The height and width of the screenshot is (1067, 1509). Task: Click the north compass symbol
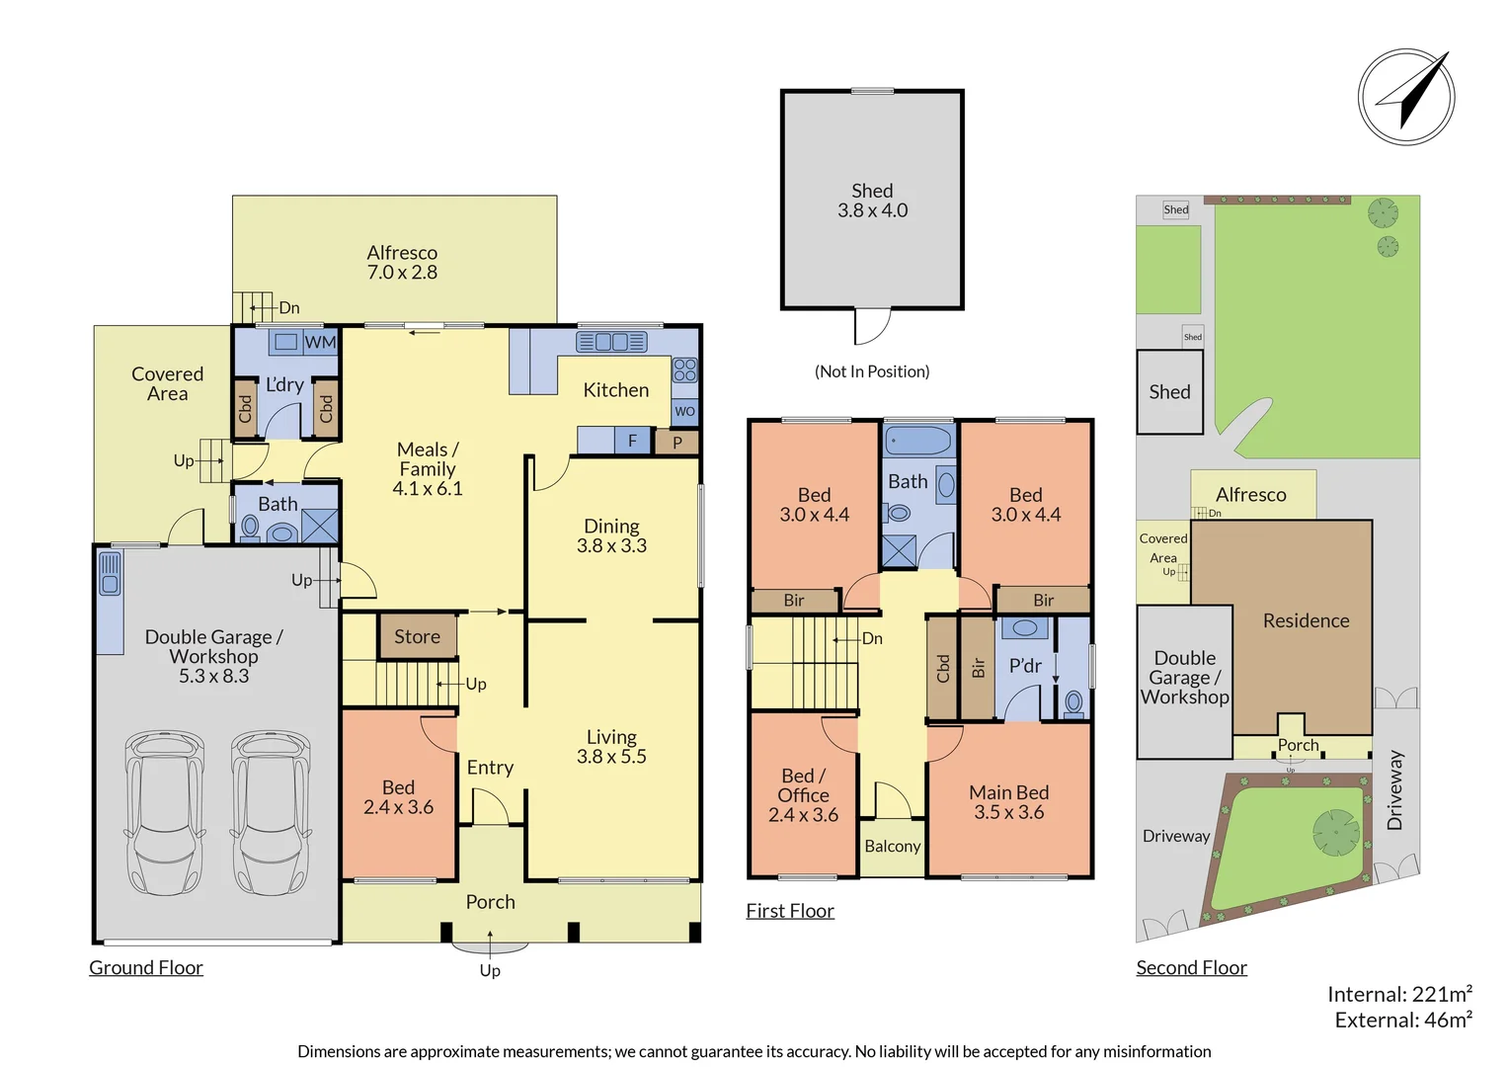(1405, 97)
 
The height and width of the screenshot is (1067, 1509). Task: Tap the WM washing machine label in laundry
(320, 343)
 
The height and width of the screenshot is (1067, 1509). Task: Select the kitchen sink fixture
(611, 342)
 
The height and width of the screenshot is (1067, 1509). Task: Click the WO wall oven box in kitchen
(684, 411)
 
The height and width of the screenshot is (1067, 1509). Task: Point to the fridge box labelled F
(632, 441)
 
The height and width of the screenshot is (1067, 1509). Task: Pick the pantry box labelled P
(677, 443)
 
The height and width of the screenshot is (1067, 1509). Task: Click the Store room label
(417, 637)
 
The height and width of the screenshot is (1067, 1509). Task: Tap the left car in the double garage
(165, 812)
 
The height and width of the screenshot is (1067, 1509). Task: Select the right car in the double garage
(271, 812)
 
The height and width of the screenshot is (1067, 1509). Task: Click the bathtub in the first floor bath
(918, 441)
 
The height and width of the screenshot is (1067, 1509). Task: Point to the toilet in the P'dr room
(1073, 702)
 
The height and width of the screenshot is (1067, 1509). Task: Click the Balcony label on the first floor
(892, 847)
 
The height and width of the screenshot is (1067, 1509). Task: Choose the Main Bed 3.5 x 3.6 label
(1008, 802)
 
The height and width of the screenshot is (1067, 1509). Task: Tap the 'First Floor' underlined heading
(789, 911)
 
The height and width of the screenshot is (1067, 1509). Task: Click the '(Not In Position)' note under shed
(871, 371)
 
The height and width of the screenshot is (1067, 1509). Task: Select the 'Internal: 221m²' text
(1398, 994)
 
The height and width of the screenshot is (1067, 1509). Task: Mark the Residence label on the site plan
(1306, 620)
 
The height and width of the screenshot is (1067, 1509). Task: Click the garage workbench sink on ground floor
(110, 574)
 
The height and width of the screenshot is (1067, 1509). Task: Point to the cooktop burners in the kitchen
(684, 370)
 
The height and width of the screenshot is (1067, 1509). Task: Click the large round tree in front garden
(1335, 831)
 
